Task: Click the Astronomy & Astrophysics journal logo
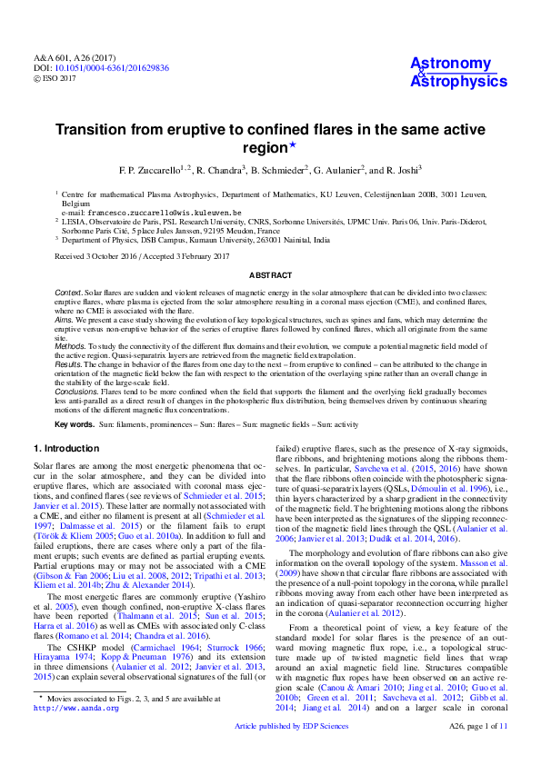pyautogui.click(x=451, y=73)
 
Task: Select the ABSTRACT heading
pyautogui.click(x=270, y=274)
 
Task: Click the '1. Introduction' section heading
pyautogui.click(x=67, y=448)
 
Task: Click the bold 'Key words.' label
pyautogui.click(x=75, y=424)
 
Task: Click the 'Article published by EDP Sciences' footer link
pyautogui.click(x=291, y=751)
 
